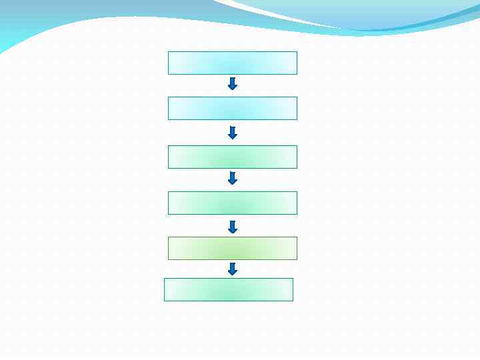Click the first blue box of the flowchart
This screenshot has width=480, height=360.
pos(233,63)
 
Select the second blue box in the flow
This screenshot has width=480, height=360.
pos(233,108)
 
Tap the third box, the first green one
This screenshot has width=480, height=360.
pos(233,157)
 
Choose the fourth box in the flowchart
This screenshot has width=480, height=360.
pos(233,203)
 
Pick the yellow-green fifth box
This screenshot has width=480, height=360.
pos(233,248)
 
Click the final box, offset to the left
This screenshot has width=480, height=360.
pos(229,289)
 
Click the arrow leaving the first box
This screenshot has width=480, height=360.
pos(233,84)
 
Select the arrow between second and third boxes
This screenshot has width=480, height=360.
pos(233,133)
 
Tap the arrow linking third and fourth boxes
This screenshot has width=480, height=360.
pos(233,178)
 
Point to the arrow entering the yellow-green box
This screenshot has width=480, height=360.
pos(233,227)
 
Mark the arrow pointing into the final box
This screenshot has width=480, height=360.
pos(233,269)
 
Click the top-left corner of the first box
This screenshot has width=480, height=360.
pos(169,52)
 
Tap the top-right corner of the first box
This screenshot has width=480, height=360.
pos(297,52)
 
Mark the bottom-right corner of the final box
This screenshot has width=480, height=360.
pos(293,301)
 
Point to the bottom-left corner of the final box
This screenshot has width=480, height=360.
pos(165,301)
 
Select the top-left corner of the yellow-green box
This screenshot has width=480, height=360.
pos(169,237)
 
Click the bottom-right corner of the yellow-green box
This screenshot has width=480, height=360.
pos(297,259)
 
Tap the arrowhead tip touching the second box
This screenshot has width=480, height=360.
pos(233,90)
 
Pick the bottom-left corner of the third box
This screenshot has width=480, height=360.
pos(169,168)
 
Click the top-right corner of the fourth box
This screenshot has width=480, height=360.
pos(297,192)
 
